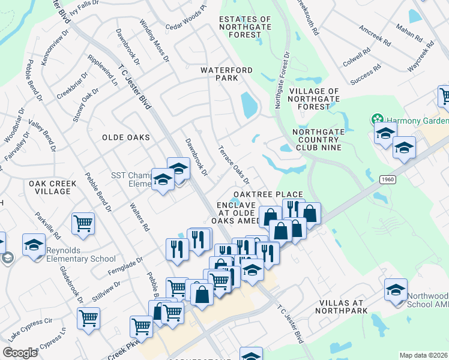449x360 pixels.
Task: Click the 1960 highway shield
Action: coord(387,179)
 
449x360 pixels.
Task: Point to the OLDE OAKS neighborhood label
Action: coord(125,137)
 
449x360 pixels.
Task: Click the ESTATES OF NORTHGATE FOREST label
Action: coord(245,27)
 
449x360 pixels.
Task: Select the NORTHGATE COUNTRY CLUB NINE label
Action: coord(316,139)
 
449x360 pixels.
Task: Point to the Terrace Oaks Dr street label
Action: coord(233,164)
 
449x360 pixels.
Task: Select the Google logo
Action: coord(20,353)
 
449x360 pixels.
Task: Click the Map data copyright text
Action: coord(423,355)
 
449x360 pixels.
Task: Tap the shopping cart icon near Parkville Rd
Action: coord(83,223)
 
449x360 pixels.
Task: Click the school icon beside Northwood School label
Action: coord(396,290)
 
